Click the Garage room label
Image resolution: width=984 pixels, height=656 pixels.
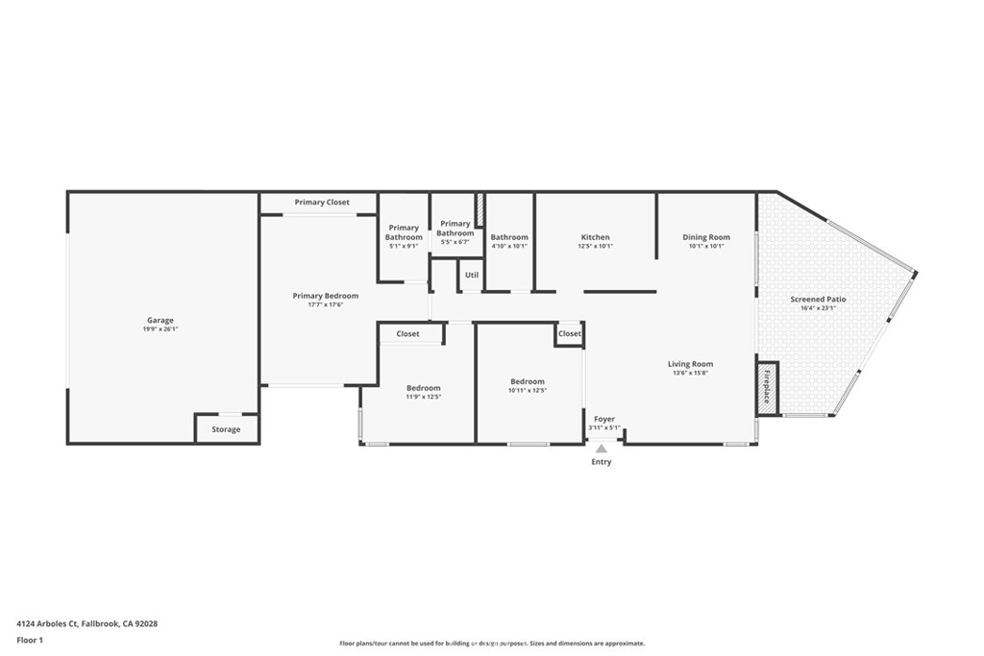click(x=160, y=320)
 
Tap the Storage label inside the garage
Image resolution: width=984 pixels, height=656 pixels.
click(x=226, y=429)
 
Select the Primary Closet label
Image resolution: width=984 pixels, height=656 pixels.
click(x=322, y=203)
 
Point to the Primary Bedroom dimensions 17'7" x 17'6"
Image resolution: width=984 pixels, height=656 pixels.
click(x=326, y=305)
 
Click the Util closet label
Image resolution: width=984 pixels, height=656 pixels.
click(x=471, y=275)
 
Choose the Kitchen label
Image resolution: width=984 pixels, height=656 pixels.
click(x=595, y=237)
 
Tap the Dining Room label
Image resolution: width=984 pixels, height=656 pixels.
click(x=706, y=237)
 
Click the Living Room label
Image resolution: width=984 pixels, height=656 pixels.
click(x=690, y=364)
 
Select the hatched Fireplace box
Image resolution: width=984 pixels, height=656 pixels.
click(x=767, y=389)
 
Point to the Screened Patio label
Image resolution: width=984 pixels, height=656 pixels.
click(x=818, y=299)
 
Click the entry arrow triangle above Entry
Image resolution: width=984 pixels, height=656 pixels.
click(x=602, y=448)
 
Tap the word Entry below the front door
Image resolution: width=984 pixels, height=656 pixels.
click(x=601, y=462)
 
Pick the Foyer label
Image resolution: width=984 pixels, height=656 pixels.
click(x=603, y=419)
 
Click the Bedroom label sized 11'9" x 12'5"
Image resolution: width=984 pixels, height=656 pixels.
click(x=423, y=388)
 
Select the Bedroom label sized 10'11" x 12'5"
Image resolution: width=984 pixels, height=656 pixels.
click(x=528, y=381)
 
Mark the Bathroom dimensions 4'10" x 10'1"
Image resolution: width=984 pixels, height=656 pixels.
click(x=509, y=246)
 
